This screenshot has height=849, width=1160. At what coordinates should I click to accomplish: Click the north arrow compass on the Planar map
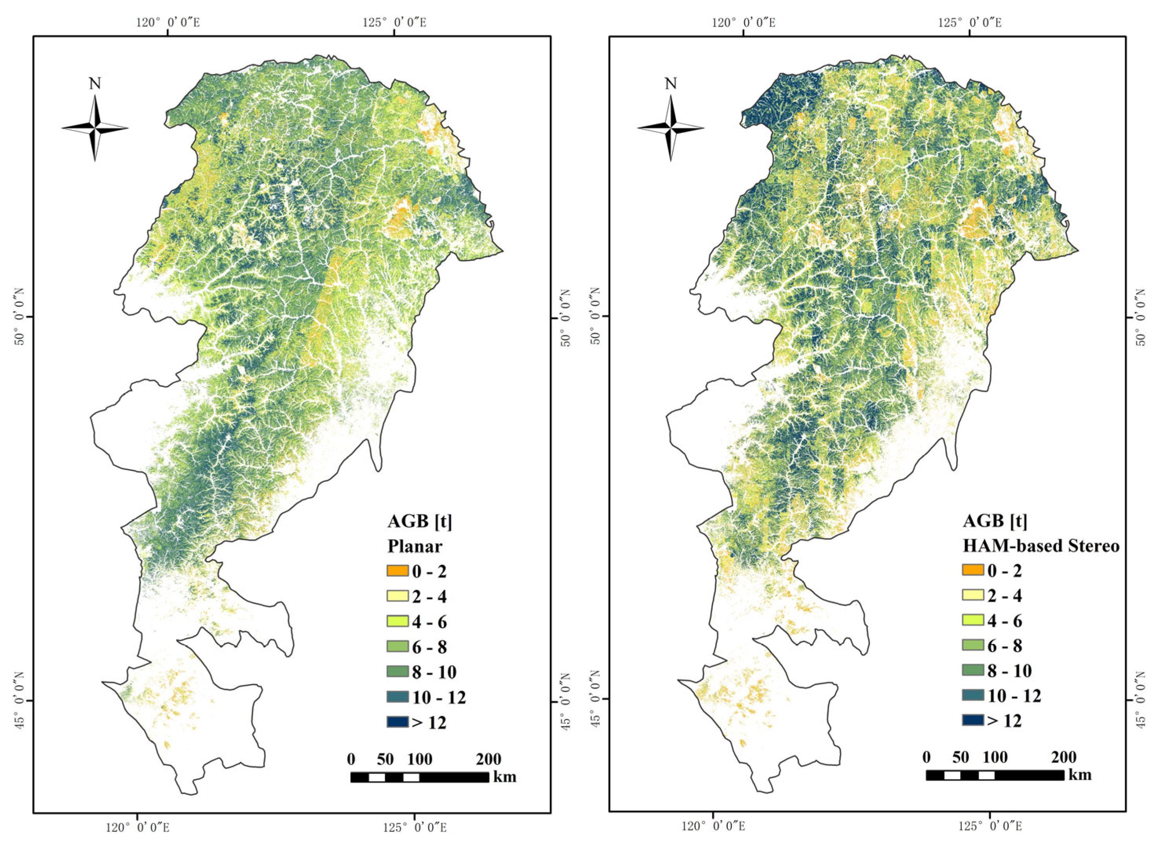pos(95,128)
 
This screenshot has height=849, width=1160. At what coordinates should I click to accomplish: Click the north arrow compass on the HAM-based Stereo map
pos(670,128)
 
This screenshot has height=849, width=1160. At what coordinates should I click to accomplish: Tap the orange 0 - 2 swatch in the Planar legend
pos(398,571)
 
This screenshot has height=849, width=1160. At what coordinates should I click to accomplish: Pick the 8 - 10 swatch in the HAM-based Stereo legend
pos(973,670)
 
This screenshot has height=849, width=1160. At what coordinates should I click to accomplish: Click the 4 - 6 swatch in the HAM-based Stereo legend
pos(973,620)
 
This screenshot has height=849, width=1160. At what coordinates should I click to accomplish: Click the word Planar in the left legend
pos(415,546)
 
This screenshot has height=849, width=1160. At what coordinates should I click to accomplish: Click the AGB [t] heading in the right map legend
pos(995,521)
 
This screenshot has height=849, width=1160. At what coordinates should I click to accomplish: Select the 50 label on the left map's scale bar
pos(385,759)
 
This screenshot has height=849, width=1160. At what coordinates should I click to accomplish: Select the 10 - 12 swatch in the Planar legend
pos(398,697)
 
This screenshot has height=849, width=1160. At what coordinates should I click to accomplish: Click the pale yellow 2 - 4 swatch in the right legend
pos(973,595)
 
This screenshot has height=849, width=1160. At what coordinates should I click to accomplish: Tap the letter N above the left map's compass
pos(95,84)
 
